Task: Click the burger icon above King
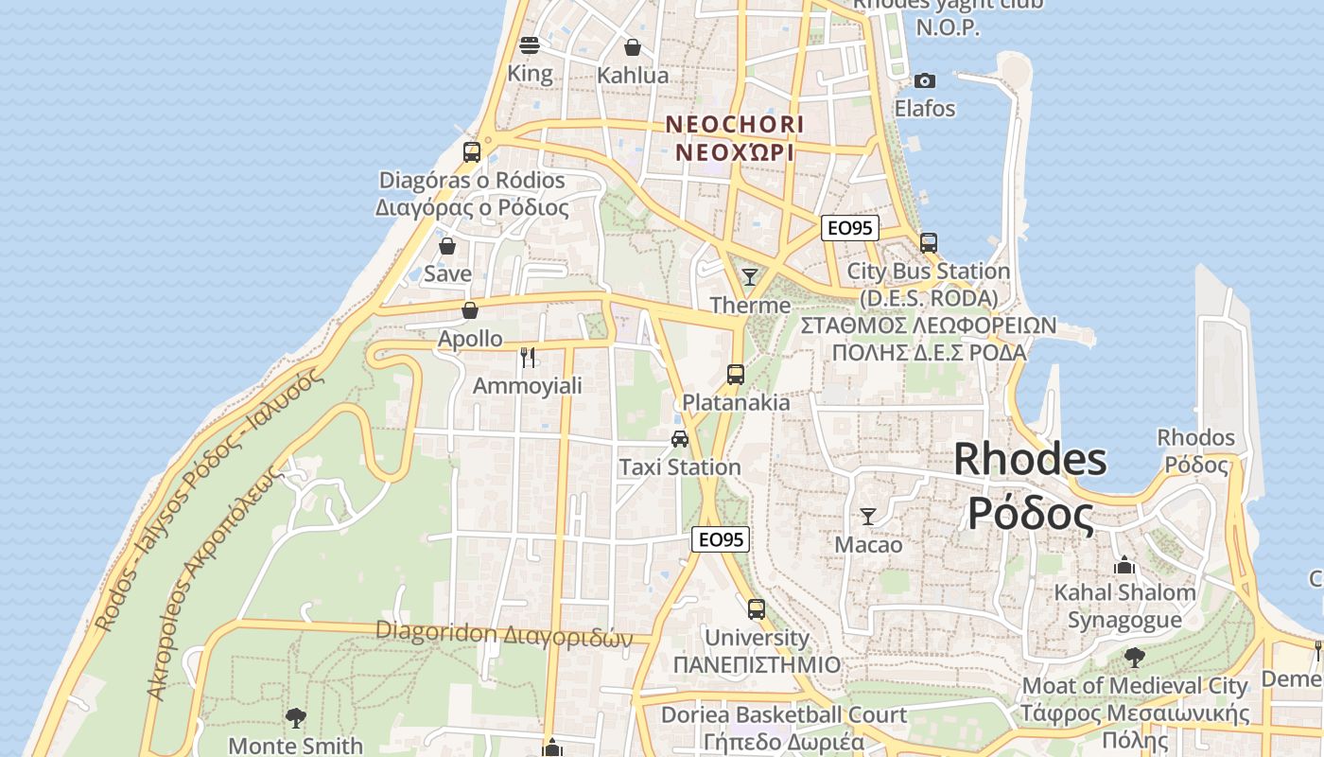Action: [530, 44]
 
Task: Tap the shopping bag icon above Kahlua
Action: [633, 47]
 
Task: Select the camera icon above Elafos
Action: [925, 80]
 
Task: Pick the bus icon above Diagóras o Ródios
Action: [471, 151]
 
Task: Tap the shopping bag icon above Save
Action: [447, 246]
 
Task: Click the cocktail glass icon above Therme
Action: [750, 276]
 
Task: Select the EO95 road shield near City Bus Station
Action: [850, 228]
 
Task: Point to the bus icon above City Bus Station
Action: [929, 242]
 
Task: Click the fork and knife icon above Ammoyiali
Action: [528, 357]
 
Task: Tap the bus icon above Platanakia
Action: [736, 374]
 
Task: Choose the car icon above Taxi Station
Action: [679, 438]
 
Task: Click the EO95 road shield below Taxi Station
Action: [721, 539]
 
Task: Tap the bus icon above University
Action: [756, 608]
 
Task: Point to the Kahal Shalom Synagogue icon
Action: [1124, 565]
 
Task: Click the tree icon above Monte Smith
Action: [296, 717]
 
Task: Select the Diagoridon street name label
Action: [504, 632]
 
